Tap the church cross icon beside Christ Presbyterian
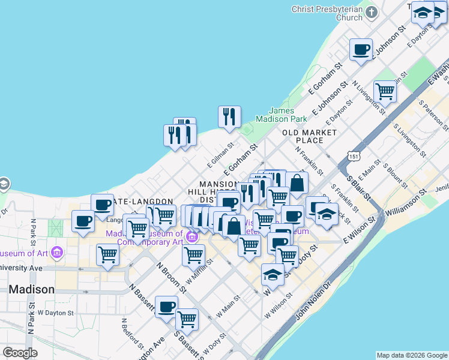(372, 13)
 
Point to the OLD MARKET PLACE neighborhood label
(310, 136)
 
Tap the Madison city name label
(31, 289)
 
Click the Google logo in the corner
(20, 352)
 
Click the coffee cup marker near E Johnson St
(361, 50)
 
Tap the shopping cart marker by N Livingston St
(385, 92)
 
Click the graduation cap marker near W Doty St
(273, 275)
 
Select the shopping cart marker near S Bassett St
(187, 319)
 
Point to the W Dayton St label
(55, 313)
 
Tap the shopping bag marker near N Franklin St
(297, 182)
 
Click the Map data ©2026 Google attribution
(412, 355)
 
